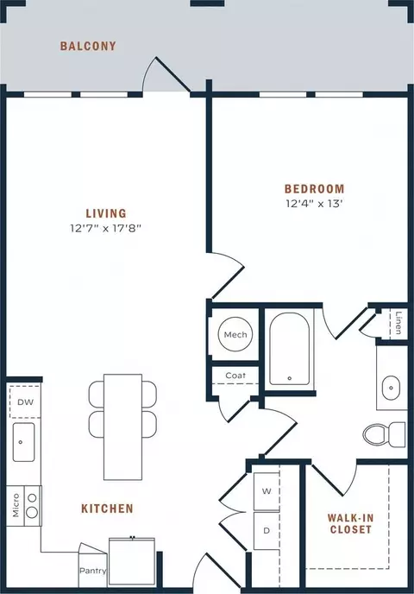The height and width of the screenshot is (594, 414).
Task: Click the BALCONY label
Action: pyautogui.click(x=88, y=47)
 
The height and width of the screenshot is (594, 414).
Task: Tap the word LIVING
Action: pyautogui.click(x=106, y=213)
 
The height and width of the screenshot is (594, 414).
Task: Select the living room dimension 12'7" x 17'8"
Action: pyautogui.click(x=105, y=228)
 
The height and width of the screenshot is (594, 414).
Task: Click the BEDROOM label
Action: pyautogui.click(x=315, y=189)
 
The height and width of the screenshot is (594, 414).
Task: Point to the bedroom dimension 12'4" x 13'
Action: pyautogui.click(x=314, y=204)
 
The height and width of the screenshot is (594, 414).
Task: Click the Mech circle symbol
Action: pyautogui.click(x=235, y=334)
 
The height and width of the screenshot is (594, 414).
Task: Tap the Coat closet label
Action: pyautogui.click(x=235, y=376)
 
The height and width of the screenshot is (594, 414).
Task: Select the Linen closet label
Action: pyautogui.click(x=398, y=323)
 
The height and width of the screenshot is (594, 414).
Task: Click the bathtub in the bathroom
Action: pyautogui.click(x=290, y=349)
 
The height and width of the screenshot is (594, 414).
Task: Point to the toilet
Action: pyautogui.click(x=384, y=434)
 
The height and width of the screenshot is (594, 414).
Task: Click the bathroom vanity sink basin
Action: pyautogui.click(x=391, y=388)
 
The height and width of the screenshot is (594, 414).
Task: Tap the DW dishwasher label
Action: pyautogui.click(x=25, y=402)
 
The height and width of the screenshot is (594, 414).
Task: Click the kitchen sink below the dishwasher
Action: pyautogui.click(x=23, y=442)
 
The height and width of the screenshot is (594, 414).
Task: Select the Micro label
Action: pyautogui.click(x=16, y=505)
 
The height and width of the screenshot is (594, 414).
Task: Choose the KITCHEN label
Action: pyautogui.click(x=107, y=509)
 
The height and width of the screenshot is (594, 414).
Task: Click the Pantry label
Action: pyautogui.click(x=92, y=571)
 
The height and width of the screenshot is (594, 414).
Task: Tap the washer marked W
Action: pyautogui.click(x=267, y=491)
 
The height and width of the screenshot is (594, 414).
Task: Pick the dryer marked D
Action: pyautogui.click(x=267, y=531)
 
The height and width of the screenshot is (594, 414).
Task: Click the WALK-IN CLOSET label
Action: pyautogui.click(x=350, y=523)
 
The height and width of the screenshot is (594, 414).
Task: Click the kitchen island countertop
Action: pyautogui.click(x=123, y=427)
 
